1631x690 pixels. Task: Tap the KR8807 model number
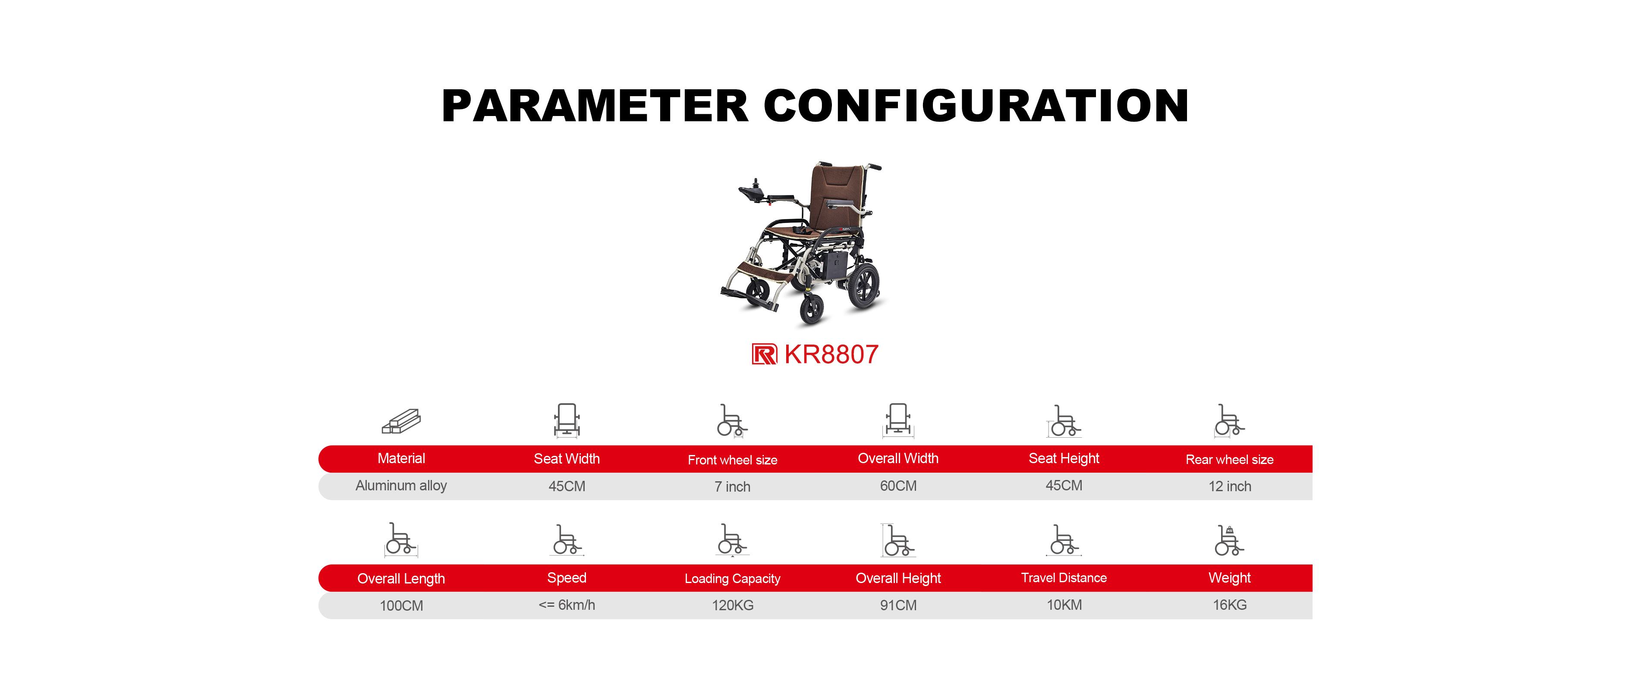tap(831, 354)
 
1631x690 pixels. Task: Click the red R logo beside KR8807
tap(764, 354)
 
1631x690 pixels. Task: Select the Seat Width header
tap(567, 459)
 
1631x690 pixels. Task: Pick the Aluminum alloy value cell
tap(401, 486)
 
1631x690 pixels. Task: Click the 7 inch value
tap(733, 487)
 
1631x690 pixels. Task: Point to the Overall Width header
tap(898, 458)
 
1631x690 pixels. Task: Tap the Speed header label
tap(567, 578)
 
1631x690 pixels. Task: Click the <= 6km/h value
tap(567, 605)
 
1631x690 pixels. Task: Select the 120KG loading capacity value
tap(733, 605)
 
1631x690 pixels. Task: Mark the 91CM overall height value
tap(898, 605)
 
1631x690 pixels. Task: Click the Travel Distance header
tap(1064, 578)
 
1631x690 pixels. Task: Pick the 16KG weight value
tap(1230, 605)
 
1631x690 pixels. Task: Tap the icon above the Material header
tap(401, 421)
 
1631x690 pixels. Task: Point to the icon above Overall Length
tap(401, 539)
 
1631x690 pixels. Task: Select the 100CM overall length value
tap(401, 606)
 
